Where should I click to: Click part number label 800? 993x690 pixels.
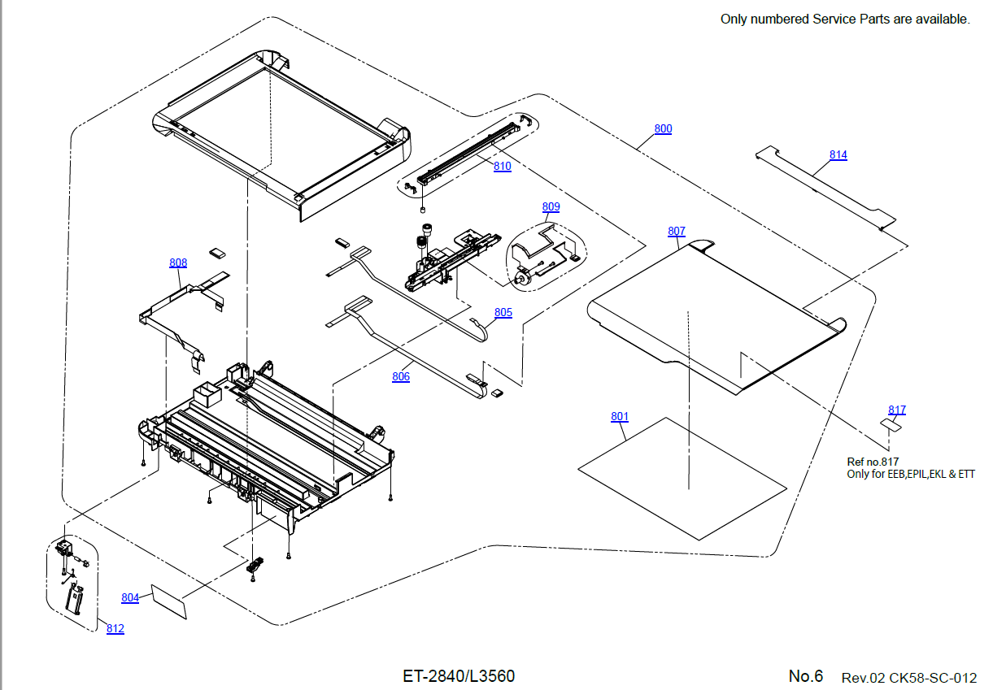(663, 129)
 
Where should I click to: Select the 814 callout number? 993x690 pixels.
(838, 155)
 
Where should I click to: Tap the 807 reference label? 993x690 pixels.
(676, 232)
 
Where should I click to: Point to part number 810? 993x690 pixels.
(502, 167)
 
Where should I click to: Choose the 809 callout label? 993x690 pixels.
(551, 207)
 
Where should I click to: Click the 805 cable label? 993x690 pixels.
(503, 313)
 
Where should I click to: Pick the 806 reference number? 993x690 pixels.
(401, 376)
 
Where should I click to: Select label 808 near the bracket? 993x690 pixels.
(178, 263)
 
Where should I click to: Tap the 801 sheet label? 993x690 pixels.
(620, 417)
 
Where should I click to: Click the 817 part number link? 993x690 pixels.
(897, 410)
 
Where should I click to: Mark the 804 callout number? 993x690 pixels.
(130, 597)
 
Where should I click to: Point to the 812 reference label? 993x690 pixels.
(115, 629)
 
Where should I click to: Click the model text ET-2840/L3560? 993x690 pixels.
(459, 676)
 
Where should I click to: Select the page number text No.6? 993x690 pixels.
(805, 676)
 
